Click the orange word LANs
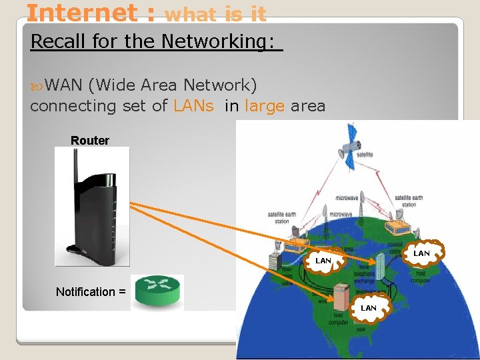click(x=193, y=105)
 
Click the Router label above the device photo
click(x=90, y=141)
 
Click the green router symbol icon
click(x=159, y=291)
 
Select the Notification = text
click(x=90, y=291)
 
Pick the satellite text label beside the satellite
click(x=365, y=155)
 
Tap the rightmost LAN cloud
click(x=421, y=253)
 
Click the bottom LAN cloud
click(x=368, y=307)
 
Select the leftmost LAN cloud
click(x=323, y=261)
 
